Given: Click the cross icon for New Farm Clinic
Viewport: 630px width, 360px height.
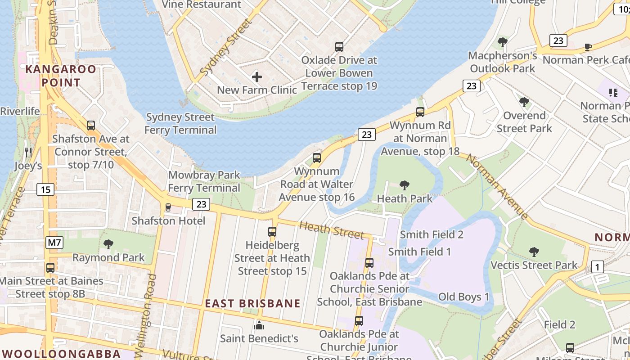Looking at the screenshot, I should coord(257,77).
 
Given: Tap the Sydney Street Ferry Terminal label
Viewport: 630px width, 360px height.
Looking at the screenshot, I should coord(180,124).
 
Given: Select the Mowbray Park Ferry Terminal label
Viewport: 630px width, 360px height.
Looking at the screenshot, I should coord(204,181).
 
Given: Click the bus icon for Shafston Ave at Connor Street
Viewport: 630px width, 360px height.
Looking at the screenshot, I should coord(91,126).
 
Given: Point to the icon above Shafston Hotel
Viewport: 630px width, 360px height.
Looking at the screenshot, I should coord(168,207).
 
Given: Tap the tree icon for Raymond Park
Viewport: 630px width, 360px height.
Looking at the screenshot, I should coord(108,244).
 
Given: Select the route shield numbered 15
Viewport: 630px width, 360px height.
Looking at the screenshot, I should coord(45,189).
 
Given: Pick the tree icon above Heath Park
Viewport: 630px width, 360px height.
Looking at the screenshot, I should coord(405,185).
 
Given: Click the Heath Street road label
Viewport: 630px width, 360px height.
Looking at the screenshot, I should coord(331,230).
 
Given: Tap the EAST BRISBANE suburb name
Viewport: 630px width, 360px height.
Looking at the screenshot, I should coord(253,303).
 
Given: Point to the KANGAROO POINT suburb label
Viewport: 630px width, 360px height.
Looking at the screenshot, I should coord(61,76).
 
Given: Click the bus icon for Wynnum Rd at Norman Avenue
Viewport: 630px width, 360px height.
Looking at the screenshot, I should coord(420,112).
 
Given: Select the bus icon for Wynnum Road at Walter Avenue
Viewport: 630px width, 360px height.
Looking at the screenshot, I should coord(317,158).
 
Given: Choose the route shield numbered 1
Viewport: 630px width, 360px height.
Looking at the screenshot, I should coord(597,267).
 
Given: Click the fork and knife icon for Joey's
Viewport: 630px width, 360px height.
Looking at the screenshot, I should coord(28,153).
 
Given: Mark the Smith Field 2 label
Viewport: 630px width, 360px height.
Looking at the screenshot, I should coord(432,234).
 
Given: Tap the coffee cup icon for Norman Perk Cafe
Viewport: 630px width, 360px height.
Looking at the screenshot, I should coord(588,47).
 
